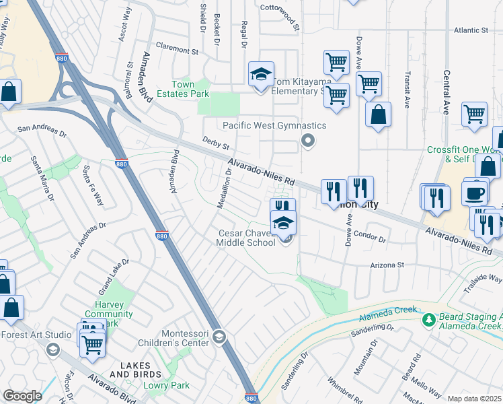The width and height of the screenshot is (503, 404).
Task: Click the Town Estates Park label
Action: (183, 89)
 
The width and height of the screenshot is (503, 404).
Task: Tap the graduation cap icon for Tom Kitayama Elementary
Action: (261, 75)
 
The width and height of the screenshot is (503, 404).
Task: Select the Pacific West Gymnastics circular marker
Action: (309, 141)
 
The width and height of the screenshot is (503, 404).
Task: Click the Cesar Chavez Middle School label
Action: (246, 238)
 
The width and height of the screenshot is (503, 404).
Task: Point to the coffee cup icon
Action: (475, 193)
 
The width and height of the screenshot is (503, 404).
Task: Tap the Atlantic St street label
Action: (470, 30)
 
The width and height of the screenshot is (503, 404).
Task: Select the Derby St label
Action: (217, 143)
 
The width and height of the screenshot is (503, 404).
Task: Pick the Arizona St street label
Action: (386, 265)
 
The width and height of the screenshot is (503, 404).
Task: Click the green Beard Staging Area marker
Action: (428, 321)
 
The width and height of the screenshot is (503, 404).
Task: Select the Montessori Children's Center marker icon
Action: (219, 336)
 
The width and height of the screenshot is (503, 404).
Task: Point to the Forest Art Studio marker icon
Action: (52, 349)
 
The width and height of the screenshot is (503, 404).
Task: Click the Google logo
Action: (22, 396)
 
